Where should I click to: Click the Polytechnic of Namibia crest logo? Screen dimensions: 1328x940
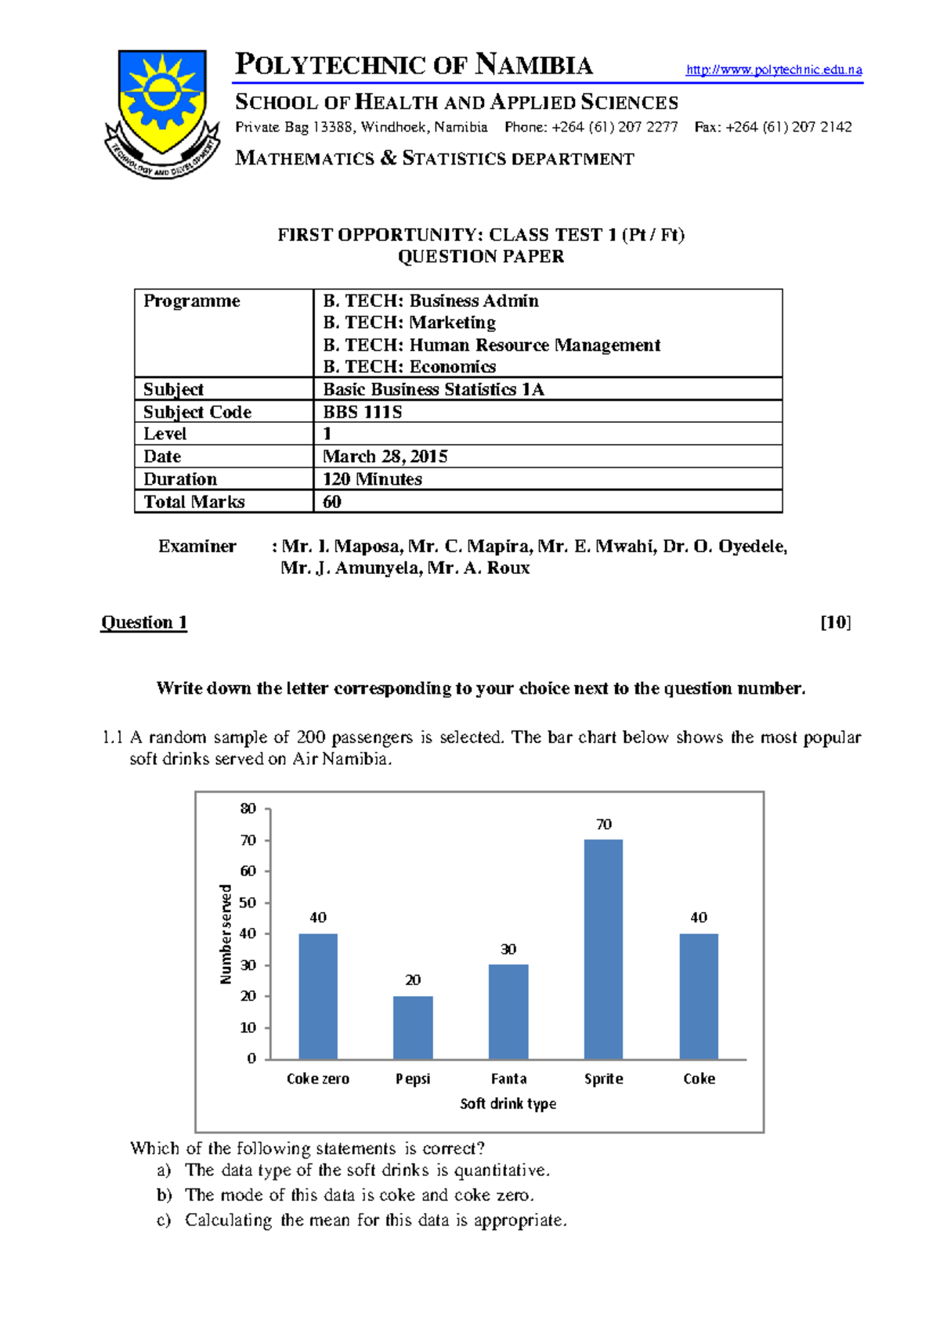tap(162, 112)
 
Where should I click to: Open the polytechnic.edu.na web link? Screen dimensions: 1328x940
tap(774, 70)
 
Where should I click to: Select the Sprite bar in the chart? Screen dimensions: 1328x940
tap(603, 949)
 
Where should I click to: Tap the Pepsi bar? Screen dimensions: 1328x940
tap(413, 1027)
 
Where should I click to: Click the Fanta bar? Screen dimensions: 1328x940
tap(508, 1012)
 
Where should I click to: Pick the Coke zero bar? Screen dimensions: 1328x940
tap(318, 996)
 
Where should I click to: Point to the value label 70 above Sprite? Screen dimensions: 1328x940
tap(603, 825)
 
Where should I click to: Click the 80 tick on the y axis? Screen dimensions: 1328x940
tap(248, 809)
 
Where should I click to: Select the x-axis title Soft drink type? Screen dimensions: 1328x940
tap(508, 1103)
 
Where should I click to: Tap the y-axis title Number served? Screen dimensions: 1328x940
tap(226, 934)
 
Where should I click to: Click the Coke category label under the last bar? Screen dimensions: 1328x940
tap(699, 1079)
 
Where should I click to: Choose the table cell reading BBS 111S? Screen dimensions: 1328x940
tap(363, 412)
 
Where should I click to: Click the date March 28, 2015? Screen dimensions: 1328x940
tap(385, 456)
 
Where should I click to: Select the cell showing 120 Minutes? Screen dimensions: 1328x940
tap(373, 479)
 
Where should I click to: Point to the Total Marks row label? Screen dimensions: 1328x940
tap(194, 502)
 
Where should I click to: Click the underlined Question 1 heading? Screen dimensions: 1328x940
tap(144, 622)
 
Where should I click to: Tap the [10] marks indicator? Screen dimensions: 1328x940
tap(836, 622)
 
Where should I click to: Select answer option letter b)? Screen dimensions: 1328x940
tap(164, 1195)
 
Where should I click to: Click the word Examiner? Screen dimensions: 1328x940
tap(197, 547)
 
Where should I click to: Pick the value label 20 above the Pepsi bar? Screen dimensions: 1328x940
tap(413, 980)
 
